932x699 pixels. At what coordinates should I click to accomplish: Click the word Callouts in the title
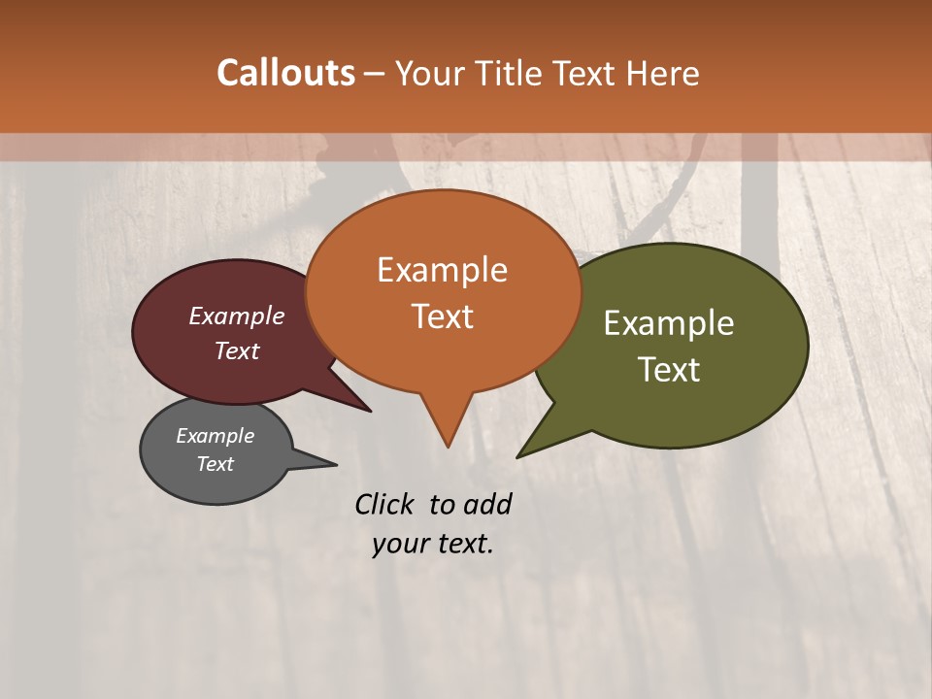click(285, 73)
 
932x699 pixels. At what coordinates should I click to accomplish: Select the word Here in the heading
click(663, 73)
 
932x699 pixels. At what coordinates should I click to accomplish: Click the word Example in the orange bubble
click(443, 270)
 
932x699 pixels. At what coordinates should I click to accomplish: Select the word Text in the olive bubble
click(669, 370)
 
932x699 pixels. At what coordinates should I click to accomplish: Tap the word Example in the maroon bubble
click(237, 316)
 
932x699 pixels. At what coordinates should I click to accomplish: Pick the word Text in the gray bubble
click(216, 464)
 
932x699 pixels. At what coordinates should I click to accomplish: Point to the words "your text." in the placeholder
click(433, 544)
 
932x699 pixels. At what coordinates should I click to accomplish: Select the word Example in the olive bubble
click(669, 323)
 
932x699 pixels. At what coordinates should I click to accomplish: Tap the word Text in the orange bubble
click(443, 316)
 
